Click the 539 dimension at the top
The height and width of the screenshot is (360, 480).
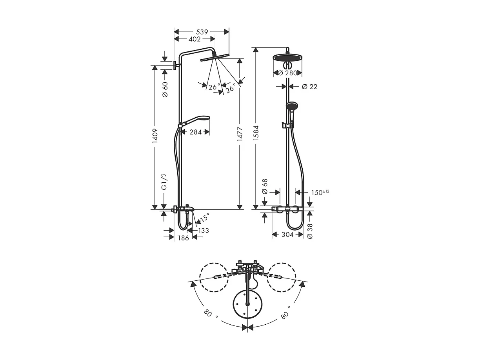coord(202,31)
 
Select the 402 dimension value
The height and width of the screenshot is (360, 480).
coord(195,39)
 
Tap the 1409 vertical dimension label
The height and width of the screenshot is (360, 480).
coord(155,136)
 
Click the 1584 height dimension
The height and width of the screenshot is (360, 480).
coord(256,135)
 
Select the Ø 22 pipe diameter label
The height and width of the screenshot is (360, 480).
coord(309,87)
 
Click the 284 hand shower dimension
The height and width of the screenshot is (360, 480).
coord(195,132)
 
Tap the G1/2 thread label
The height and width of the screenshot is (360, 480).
coord(165,182)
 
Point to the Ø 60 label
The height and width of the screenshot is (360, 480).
coord(165,89)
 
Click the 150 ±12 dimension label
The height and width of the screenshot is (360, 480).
coord(320,192)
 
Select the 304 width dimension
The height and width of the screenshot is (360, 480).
coord(287,235)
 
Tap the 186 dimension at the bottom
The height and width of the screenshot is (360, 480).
coord(184,238)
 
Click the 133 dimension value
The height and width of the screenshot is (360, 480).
coord(204,231)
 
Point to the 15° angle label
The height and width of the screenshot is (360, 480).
coord(204,217)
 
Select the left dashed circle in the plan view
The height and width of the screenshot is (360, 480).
coord(214,277)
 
